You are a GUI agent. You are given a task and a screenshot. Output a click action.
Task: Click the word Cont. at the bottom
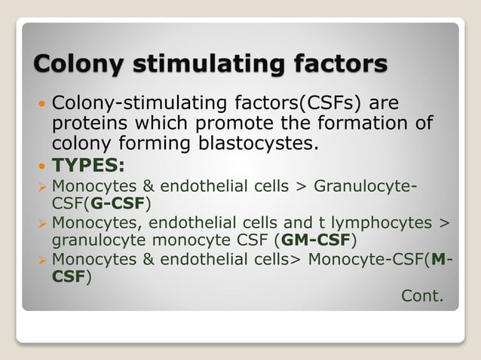point(422,295)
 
